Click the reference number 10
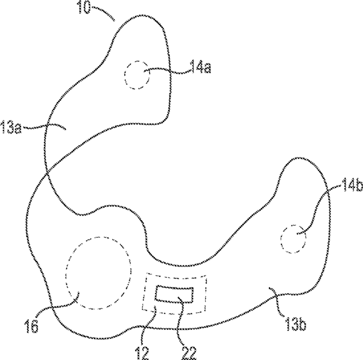point(84,7)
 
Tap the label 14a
point(200,67)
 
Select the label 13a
point(11,127)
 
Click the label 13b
point(296,324)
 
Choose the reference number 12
point(142,353)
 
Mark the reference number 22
point(189,353)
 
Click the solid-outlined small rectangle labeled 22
point(174,287)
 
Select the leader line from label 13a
point(44,126)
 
